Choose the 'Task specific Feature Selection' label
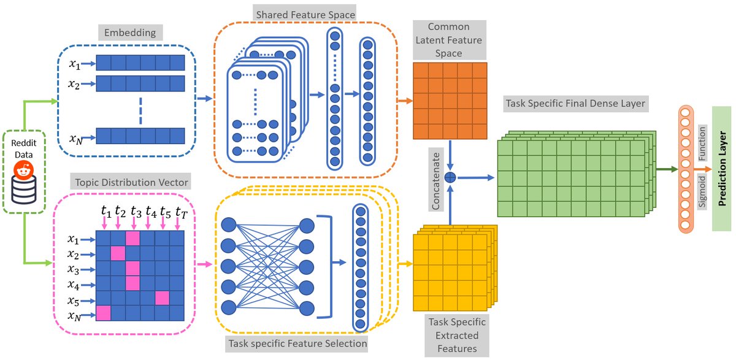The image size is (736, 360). [x=297, y=343]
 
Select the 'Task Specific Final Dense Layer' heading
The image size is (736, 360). [x=575, y=104]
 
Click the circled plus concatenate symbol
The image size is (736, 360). [x=450, y=178]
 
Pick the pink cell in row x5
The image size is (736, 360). [x=162, y=298]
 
